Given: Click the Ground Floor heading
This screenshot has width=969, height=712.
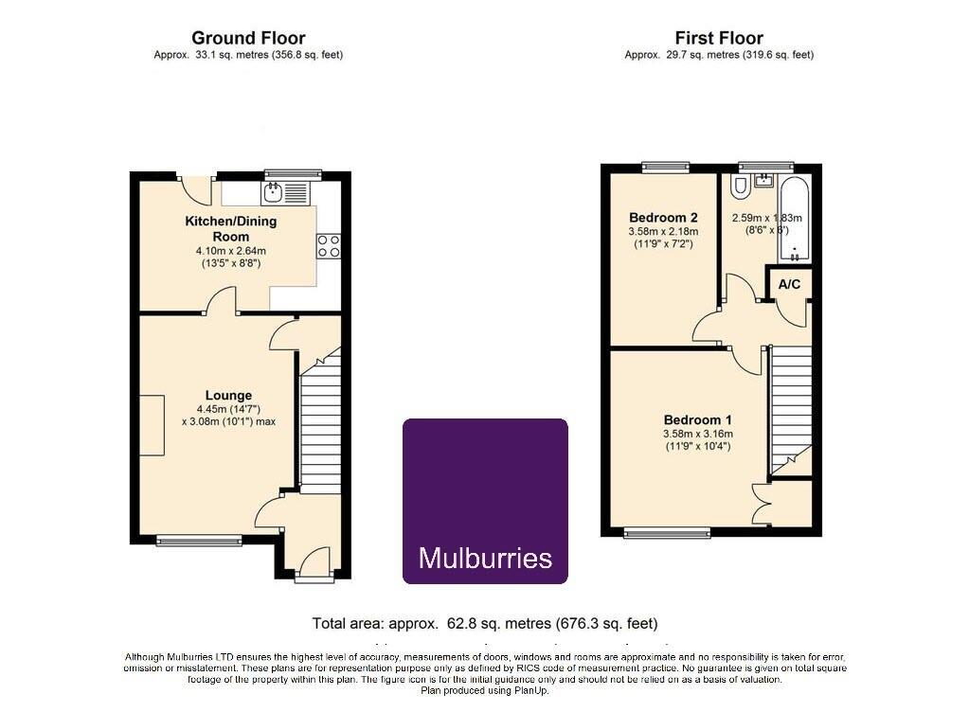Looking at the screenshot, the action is pyautogui.click(x=248, y=38).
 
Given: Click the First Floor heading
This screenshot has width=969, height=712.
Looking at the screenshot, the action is pyautogui.click(x=719, y=38).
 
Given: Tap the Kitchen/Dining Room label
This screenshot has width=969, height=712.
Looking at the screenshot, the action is pyautogui.click(x=231, y=228).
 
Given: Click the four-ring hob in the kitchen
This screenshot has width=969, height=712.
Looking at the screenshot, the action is pyautogui.click(x=328, y=246).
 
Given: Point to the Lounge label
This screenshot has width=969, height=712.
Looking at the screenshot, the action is pyautogui.click(x=228, y=395).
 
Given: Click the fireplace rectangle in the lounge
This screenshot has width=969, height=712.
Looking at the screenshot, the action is pyautogui.click(x=152, y=425).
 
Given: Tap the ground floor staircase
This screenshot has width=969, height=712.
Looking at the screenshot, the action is pyautogui.click(x=320, y=420).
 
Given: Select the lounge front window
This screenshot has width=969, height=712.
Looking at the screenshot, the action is pyautogui.click(x=199, y=541).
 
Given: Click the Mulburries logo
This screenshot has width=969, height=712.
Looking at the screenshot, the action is pyautogui.click(x=485, y=502).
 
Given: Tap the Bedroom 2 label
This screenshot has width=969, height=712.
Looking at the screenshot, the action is pyautogui.click(x=663, y=218).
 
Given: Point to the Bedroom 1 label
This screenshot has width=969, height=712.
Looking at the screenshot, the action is pyautogui.click(x=698, y=420).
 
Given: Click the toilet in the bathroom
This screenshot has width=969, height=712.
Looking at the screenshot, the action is pyautogui.click(x=739, y=187).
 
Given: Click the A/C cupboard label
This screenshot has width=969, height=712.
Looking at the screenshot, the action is pyautogui.click(x=789, y=284).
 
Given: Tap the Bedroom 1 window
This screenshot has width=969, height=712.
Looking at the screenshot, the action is pyautogui.click(x=667, y=532).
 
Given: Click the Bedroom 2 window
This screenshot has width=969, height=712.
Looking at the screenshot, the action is pyautogui.click(x=665, y=167).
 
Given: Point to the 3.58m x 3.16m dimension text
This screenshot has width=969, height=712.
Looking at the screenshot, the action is pyautogui.click(x=698, y=435).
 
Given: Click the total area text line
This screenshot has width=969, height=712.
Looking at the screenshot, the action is pyautogui.click(x=485, y=624).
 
